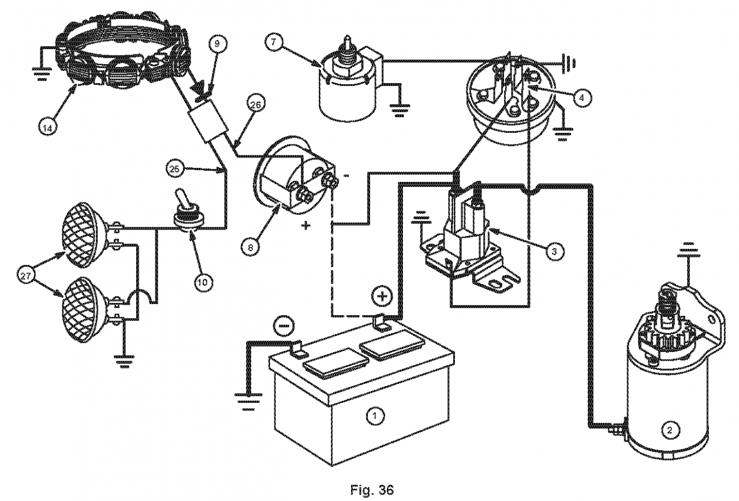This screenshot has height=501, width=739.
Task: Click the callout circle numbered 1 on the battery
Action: (x=375, y=415)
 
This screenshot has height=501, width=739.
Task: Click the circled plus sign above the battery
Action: (x=382, y=297)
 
